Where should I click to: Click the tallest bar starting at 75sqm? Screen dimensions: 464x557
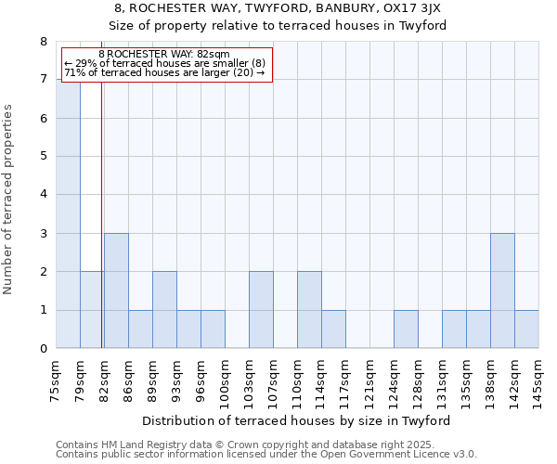click(68, 213)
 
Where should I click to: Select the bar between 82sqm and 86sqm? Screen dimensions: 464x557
click(116, 290)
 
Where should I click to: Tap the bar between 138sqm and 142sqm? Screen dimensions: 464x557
click(502, 290)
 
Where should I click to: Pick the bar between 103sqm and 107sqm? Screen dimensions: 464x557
click(261, 310)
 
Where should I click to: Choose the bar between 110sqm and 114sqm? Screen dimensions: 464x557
click(309, 310)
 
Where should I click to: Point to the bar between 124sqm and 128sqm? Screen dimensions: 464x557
click(406, 329)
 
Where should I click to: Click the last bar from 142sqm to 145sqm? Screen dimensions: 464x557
click(526, 329)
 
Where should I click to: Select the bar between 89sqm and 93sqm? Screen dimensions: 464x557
click(164, 310)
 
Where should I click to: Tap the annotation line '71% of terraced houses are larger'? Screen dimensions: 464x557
click(163, 72)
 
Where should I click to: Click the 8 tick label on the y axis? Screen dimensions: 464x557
click(43, 41)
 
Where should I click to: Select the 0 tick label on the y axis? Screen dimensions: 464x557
click(43, 349)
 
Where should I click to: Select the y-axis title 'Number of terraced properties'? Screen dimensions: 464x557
click(9, 199)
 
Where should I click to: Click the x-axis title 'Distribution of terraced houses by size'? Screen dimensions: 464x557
click(297, 420)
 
